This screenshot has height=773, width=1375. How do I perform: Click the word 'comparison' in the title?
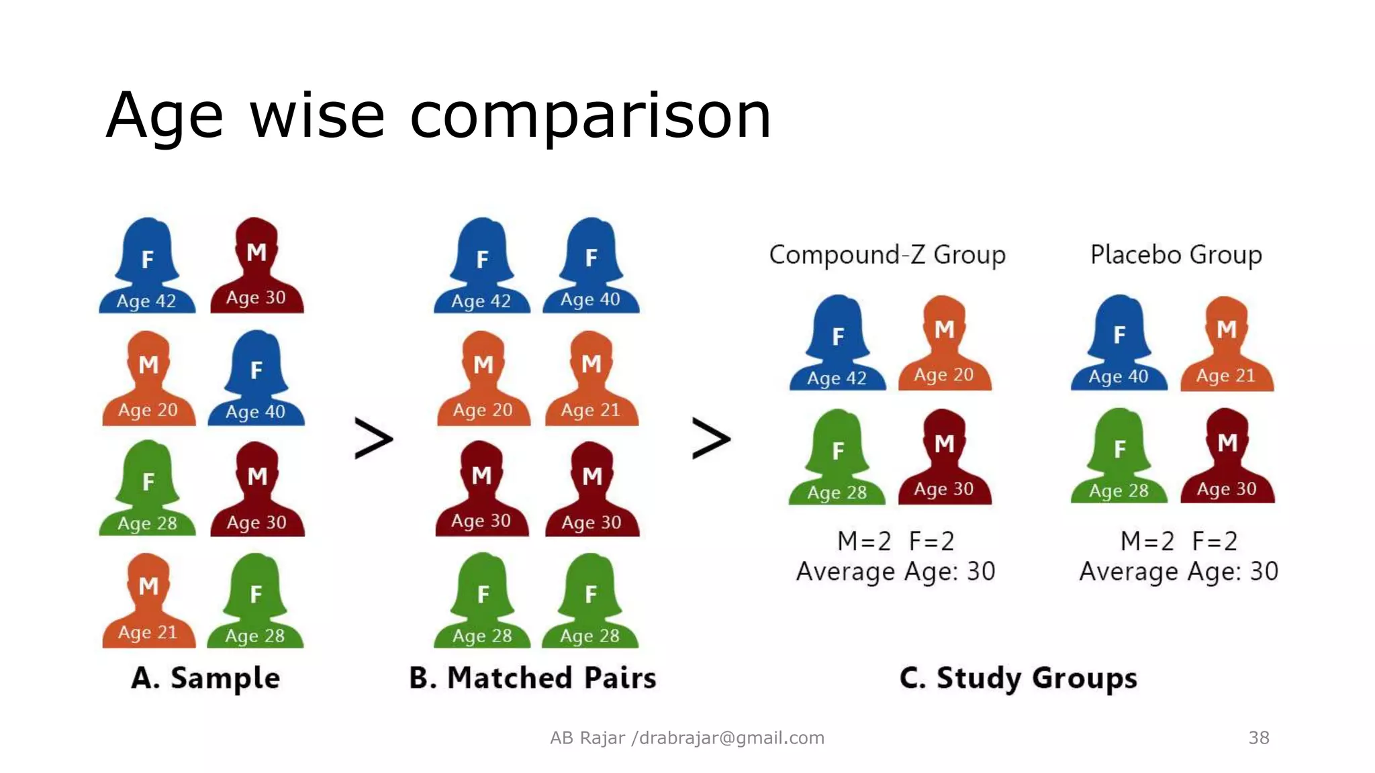(590, 116)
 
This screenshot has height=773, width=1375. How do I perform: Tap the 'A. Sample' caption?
(205, 678)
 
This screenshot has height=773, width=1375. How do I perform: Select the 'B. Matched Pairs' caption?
(532, 678)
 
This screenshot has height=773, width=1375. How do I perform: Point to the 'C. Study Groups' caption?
(1018, 678)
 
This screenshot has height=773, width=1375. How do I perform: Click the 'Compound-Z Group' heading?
(887, 255)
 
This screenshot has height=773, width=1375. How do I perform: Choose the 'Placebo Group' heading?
(1176, 255)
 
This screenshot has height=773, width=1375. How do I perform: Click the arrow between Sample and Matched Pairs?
(373, 439)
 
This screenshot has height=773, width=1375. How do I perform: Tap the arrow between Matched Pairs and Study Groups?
(710, 439)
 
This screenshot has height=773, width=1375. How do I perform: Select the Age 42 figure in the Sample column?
(147, 266)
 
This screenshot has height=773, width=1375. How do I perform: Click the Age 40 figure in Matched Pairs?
(591, 266)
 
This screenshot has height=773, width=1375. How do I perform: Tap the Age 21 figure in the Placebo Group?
(1227, 345)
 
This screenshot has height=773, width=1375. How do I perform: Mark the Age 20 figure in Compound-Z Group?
(944, 344)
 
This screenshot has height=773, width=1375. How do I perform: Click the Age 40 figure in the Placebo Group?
(1119, 344)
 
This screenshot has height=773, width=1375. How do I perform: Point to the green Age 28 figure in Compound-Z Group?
(837, 458)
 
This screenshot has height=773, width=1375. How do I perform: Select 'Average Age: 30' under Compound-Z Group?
(895, 572)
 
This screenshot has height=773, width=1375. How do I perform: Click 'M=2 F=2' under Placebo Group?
(1178, 541)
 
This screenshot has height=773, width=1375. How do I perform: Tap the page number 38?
(1258, 737)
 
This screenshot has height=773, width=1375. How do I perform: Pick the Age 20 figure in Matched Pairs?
(483, 379)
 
